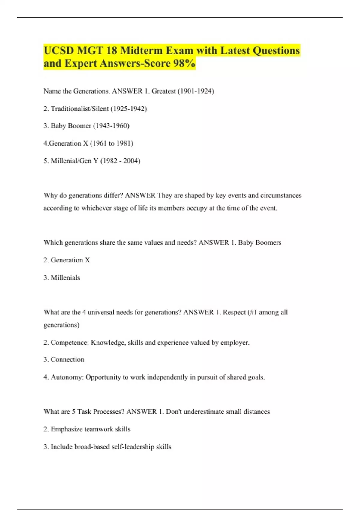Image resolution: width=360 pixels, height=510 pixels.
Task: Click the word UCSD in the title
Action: point(59,50)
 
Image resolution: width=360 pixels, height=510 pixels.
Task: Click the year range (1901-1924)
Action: point(196,91)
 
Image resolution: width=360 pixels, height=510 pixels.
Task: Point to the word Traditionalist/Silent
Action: point(79,109)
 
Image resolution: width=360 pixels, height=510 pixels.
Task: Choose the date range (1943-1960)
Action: point(111,126)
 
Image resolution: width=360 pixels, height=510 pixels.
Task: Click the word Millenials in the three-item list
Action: point(65,278)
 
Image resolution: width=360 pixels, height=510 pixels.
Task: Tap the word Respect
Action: point(234,312)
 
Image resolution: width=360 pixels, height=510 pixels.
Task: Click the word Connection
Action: point(67,359)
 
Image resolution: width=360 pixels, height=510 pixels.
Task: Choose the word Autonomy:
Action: point(67,377)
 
